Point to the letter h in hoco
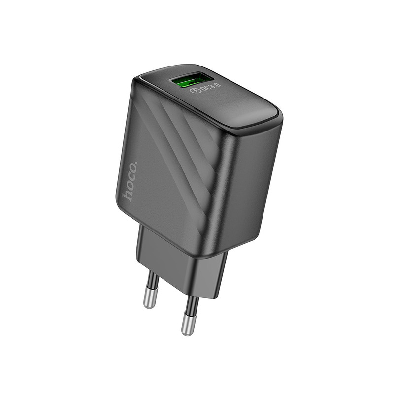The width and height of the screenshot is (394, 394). point(128,195)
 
